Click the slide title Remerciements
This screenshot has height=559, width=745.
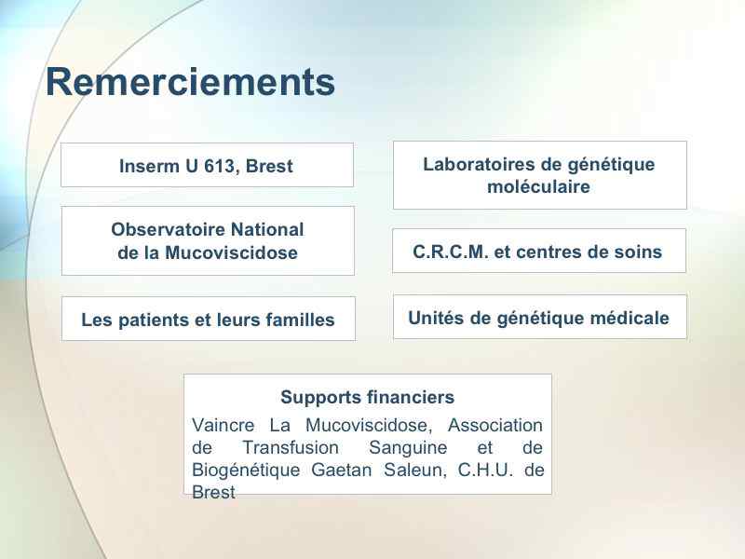(191, 82)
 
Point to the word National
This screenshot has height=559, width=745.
(261, 229)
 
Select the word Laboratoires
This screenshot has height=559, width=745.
(479, 165)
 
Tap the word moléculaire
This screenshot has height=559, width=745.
(539, 187)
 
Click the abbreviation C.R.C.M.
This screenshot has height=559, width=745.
(451, 252)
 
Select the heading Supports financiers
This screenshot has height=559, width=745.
(367, 397)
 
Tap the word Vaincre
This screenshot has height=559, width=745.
(223, 425)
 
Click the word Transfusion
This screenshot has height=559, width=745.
(291, 448)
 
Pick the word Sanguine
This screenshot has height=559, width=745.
(408, 448)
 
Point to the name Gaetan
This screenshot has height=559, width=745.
(341, 470)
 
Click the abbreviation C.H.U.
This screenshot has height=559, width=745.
(486, 470)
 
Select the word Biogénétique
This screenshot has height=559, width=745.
(246, 470)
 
